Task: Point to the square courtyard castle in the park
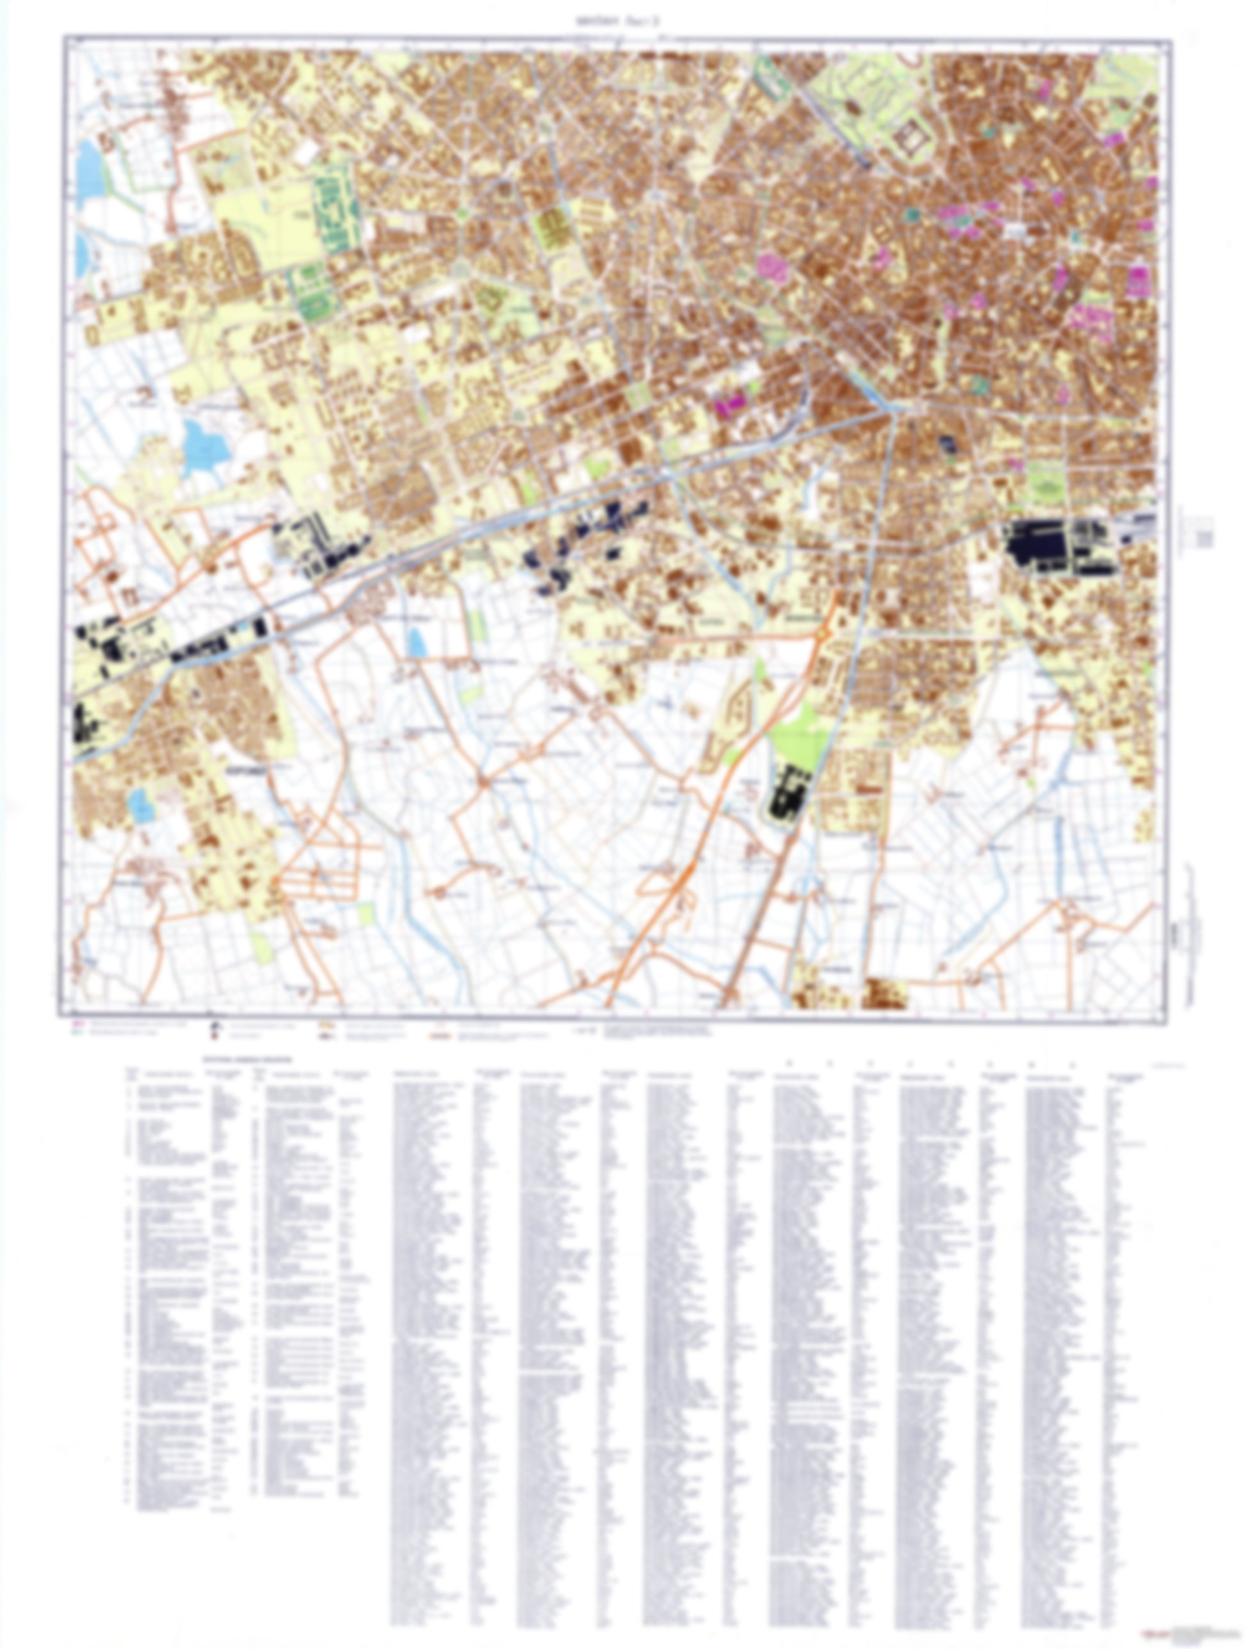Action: coord(910,139)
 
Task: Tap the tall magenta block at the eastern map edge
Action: coord(1138,283)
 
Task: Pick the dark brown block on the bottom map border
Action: coord(885,995)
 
